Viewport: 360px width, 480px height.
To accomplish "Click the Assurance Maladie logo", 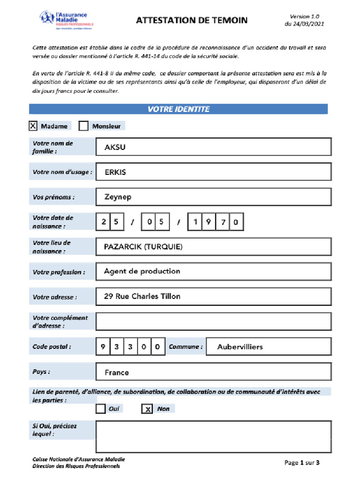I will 66,20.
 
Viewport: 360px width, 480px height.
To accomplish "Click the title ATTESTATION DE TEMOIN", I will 192,20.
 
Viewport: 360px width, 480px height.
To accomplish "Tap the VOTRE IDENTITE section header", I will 178,109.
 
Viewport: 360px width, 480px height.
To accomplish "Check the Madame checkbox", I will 33,126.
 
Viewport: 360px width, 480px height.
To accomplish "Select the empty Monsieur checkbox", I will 83,126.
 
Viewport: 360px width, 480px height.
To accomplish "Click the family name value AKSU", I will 115,147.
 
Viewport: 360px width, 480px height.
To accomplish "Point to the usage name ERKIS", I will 115,172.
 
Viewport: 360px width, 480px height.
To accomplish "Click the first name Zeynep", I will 118,197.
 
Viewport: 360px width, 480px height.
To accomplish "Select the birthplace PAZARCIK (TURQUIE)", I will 143,247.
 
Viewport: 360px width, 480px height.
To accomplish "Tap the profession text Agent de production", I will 142,271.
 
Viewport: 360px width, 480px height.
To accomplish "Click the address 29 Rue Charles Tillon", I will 142,296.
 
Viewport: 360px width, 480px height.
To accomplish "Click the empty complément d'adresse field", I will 213,321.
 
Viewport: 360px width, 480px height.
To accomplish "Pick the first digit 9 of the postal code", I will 103,347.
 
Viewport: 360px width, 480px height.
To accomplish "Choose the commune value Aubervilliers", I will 240,347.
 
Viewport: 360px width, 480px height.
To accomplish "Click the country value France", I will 117,373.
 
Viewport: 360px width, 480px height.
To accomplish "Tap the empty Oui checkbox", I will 100,409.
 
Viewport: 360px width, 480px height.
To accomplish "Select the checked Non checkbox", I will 147,409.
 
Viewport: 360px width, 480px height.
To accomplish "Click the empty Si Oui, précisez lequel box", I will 213,436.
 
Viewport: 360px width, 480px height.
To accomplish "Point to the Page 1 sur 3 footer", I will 302,463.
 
